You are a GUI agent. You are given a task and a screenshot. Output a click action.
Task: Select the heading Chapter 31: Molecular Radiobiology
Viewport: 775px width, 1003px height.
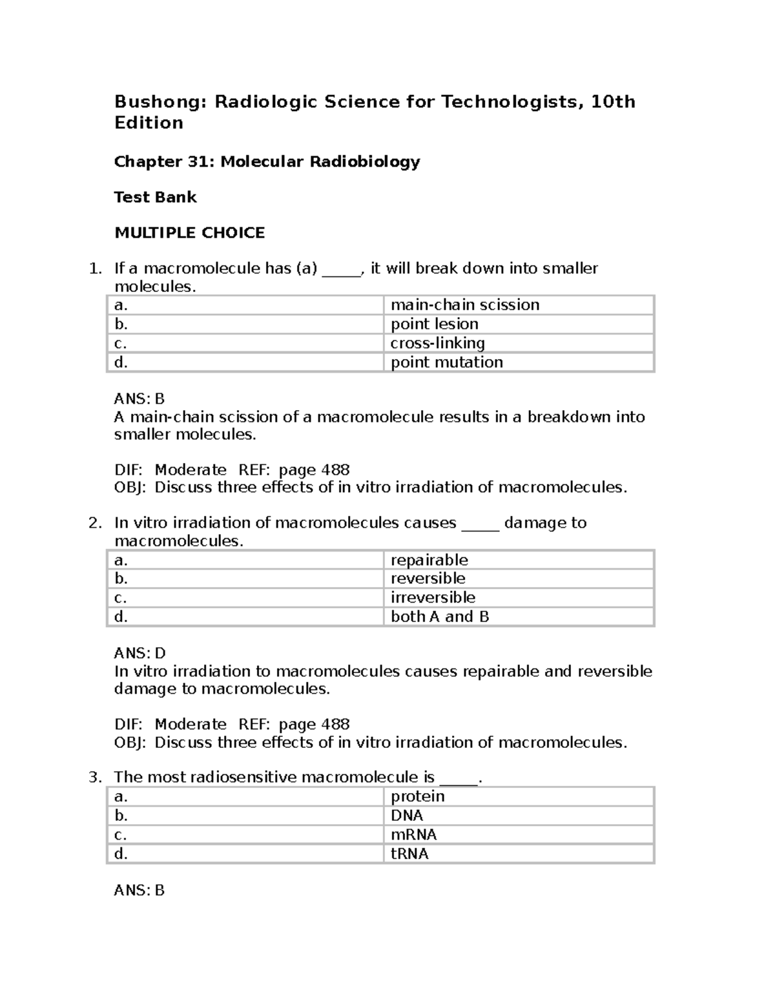(267, 161)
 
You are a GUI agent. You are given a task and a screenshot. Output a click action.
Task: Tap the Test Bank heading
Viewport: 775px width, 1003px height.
(155, 197)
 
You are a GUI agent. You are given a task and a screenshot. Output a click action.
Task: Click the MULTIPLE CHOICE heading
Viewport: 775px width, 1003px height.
(189, 233)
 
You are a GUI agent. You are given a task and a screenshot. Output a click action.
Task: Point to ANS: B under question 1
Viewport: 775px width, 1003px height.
(139, 398)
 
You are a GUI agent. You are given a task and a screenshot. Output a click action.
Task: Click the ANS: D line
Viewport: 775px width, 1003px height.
(139, 653)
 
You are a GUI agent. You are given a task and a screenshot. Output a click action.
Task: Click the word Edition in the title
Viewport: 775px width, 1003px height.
(149, 123)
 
